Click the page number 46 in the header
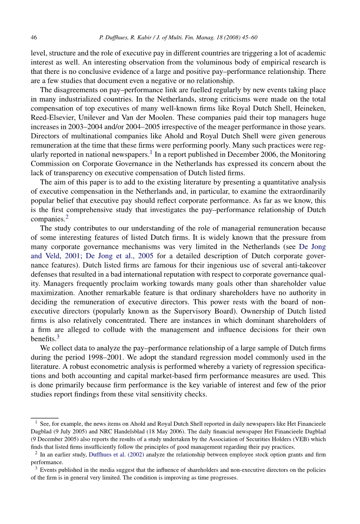34,38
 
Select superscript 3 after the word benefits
58,336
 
